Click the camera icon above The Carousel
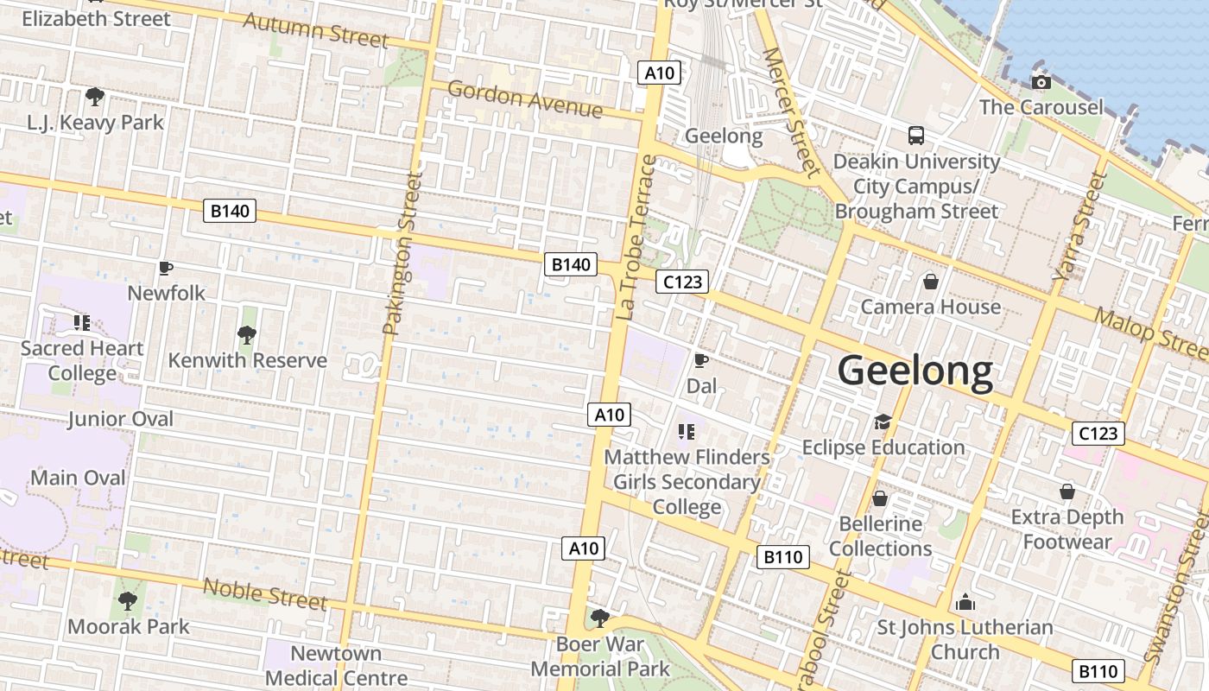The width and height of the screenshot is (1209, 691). [1041, 82]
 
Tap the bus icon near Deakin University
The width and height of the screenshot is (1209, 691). [916, 136]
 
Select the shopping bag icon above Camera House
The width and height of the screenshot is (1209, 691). [931, 281]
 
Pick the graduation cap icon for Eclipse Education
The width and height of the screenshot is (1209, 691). [882, 422]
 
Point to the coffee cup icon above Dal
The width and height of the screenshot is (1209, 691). [701, 360]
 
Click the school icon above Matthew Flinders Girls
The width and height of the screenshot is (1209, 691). [687, 431]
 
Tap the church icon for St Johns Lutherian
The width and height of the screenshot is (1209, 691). [965, 602]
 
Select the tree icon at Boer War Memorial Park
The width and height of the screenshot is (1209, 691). [599, 618]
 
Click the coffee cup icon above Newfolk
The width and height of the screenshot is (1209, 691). [166, 268]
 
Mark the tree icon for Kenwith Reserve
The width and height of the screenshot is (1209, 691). [247, 334]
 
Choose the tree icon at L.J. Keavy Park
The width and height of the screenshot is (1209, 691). [95, 96]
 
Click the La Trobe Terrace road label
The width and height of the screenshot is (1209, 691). [637, 238]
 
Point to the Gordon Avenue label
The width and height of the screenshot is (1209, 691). [524, 99]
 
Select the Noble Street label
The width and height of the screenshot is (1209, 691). [264, 594]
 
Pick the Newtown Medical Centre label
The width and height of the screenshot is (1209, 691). [337, 666]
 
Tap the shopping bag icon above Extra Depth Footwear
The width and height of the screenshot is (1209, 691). [1067, 491]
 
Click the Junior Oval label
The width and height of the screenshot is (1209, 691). [121, 419]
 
